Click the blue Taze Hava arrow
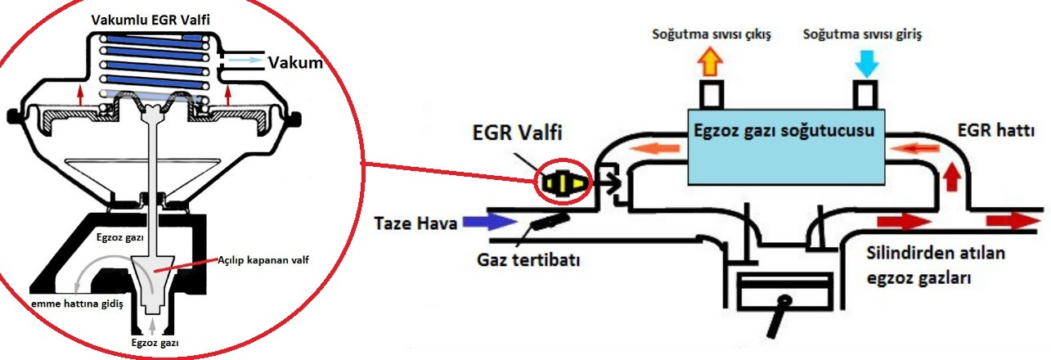click(x=487, y=221)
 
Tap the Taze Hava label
click(x=415, y=223)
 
